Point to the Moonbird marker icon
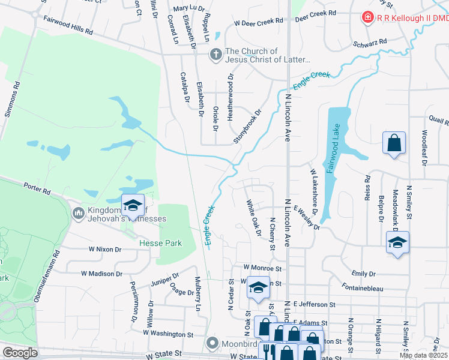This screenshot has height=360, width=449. [211, 344]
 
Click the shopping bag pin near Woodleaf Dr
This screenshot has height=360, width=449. [394, 143]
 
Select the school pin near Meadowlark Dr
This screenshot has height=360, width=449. [397, 242]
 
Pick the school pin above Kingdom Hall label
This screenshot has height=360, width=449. [133, 206]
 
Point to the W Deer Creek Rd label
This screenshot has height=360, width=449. [258, 22]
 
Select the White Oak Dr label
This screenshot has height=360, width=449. [253, 218]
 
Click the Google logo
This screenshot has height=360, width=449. [20, 353]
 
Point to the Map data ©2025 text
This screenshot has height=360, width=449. [423, 355]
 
